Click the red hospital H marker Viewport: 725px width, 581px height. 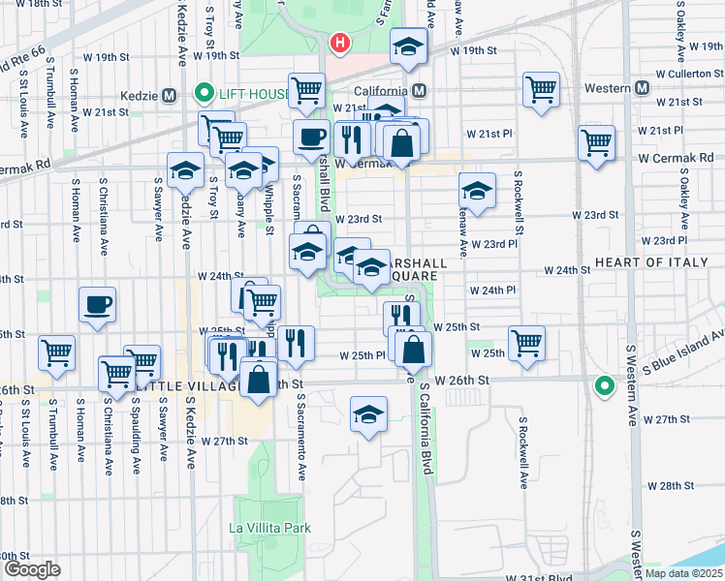pyautogui.click(x=339, y=43)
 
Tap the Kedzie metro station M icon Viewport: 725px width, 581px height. pyautogui.click(x=170, y=95)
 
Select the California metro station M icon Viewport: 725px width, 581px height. pyautogui.click(x=420, y=91)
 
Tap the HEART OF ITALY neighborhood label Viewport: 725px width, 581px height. pyautogui.click(x=659, y=263)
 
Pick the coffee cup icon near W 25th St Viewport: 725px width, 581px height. pyautogui.click(x=97, y=305)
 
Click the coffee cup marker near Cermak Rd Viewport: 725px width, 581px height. pyautogui.click(x=311, y=138)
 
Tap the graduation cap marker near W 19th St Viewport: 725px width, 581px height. pyautogui.click(x=409, y=46)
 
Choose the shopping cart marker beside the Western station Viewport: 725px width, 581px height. pyautogui.click(x=542, y=89)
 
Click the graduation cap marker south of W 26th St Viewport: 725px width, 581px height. pyautogui.click(x=369, y=415)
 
